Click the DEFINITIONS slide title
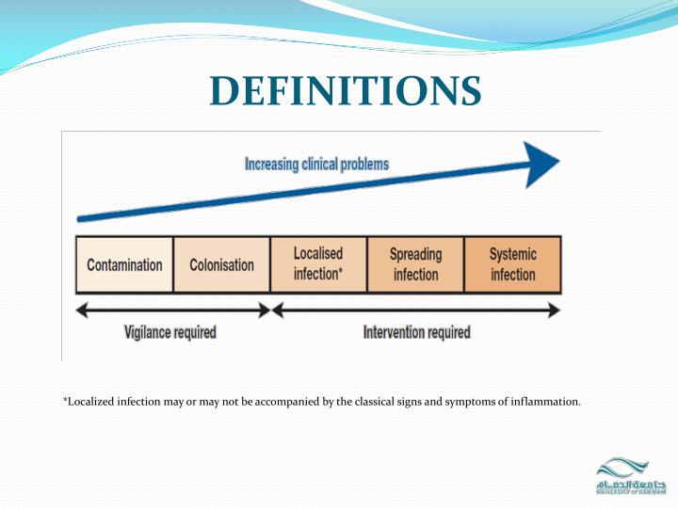[x=345, y=91]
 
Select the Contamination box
[x=124, y=265]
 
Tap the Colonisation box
[x=221, y=265]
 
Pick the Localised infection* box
[x=317, y=264]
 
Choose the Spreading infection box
[x=415, y=264]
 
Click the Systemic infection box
[x=512, y=264]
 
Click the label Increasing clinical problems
[x=316, y=165]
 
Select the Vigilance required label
[x=170, y=332]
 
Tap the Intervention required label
[x=416, y=332]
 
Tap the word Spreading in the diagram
[x=415, y=255]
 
